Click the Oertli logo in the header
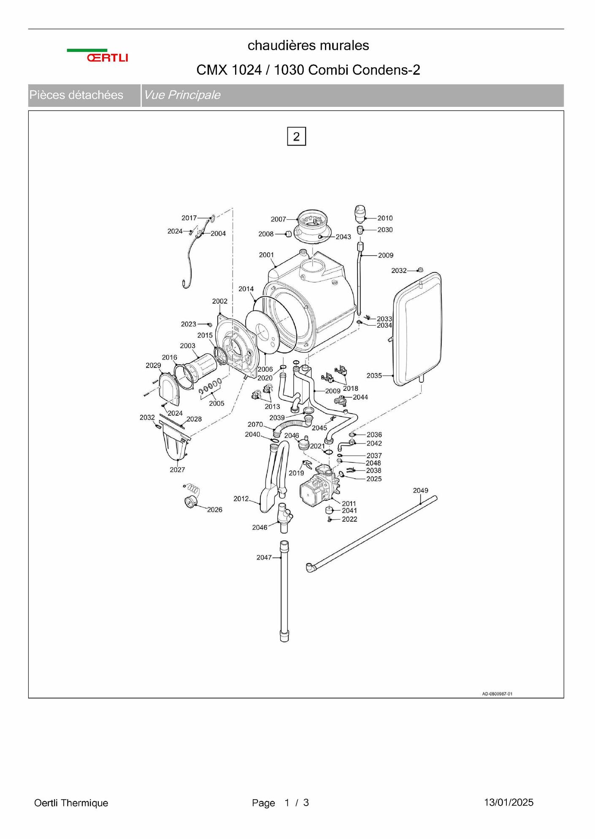click(97, 56)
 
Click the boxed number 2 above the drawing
click(296, 136)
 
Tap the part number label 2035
click(374, 376)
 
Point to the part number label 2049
click(420, 490)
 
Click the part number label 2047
click(264, 558)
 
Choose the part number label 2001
click(266, 255)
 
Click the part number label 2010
click(385, 218)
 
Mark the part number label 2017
click(189, 218)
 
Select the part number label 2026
click(214, 510)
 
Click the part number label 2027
click(177, 470)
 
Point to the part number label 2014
click(246, 289)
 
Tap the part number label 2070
click(255, 425)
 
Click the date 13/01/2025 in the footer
click(508, 802)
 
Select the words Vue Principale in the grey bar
click(182, 95)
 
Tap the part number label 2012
click(241, 499)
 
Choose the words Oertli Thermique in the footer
click(71, 803)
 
